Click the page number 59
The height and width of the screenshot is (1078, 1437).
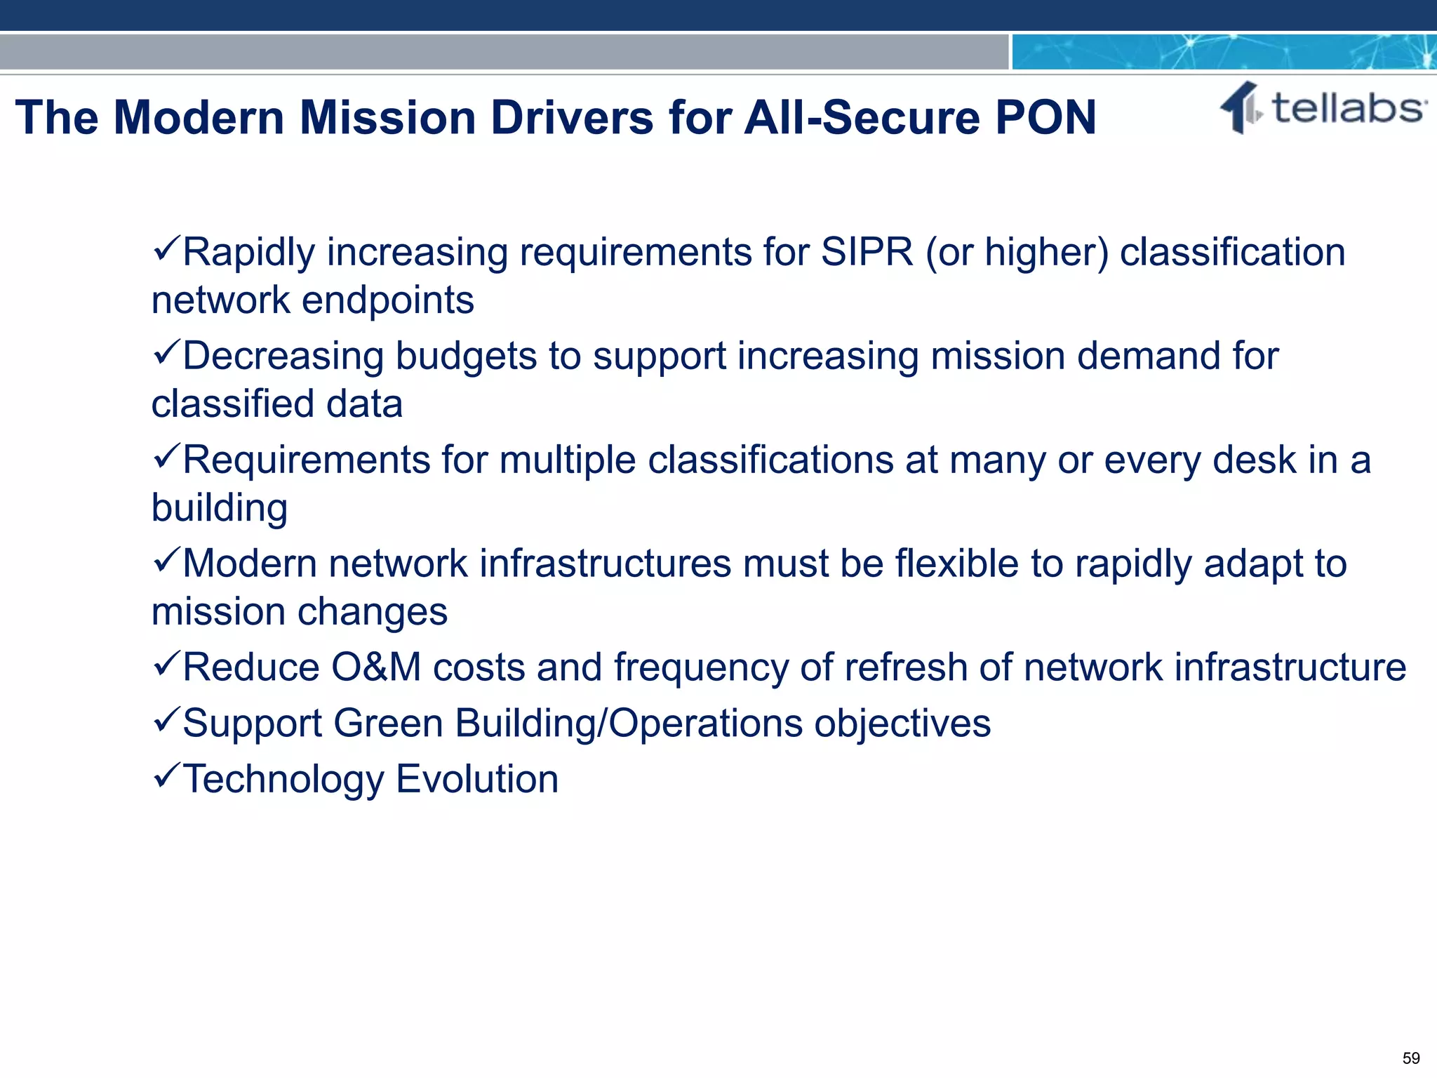tap(1410, 1058)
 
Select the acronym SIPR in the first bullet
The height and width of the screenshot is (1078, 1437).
tap(867, 252)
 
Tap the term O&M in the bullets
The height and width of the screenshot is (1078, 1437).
tap(375, 667)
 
